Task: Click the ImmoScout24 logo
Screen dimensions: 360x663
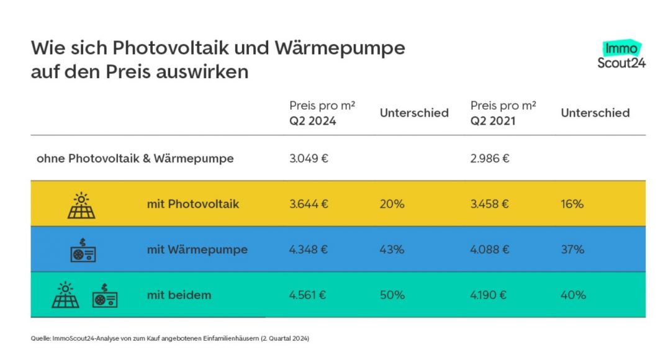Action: tap(621, 55)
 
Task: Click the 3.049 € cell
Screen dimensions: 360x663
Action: tap(309, 158)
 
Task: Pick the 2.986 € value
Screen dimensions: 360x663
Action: tap(490, 158)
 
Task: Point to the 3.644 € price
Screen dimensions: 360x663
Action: tap(309, 204)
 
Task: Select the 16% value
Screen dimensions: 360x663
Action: tap(572, 204)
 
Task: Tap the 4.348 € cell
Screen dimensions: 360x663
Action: tap(309, 250)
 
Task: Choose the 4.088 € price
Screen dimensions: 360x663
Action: tap(490, 250)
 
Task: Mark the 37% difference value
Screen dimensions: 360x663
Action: tap(572, 250)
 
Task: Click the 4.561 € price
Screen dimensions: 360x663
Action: tap(309, 295)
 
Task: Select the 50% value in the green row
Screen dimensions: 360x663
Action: tap(392, 295)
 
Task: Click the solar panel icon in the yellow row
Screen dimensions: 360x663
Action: tap(81, 205)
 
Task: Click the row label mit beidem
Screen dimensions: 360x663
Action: tap(179, 295)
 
